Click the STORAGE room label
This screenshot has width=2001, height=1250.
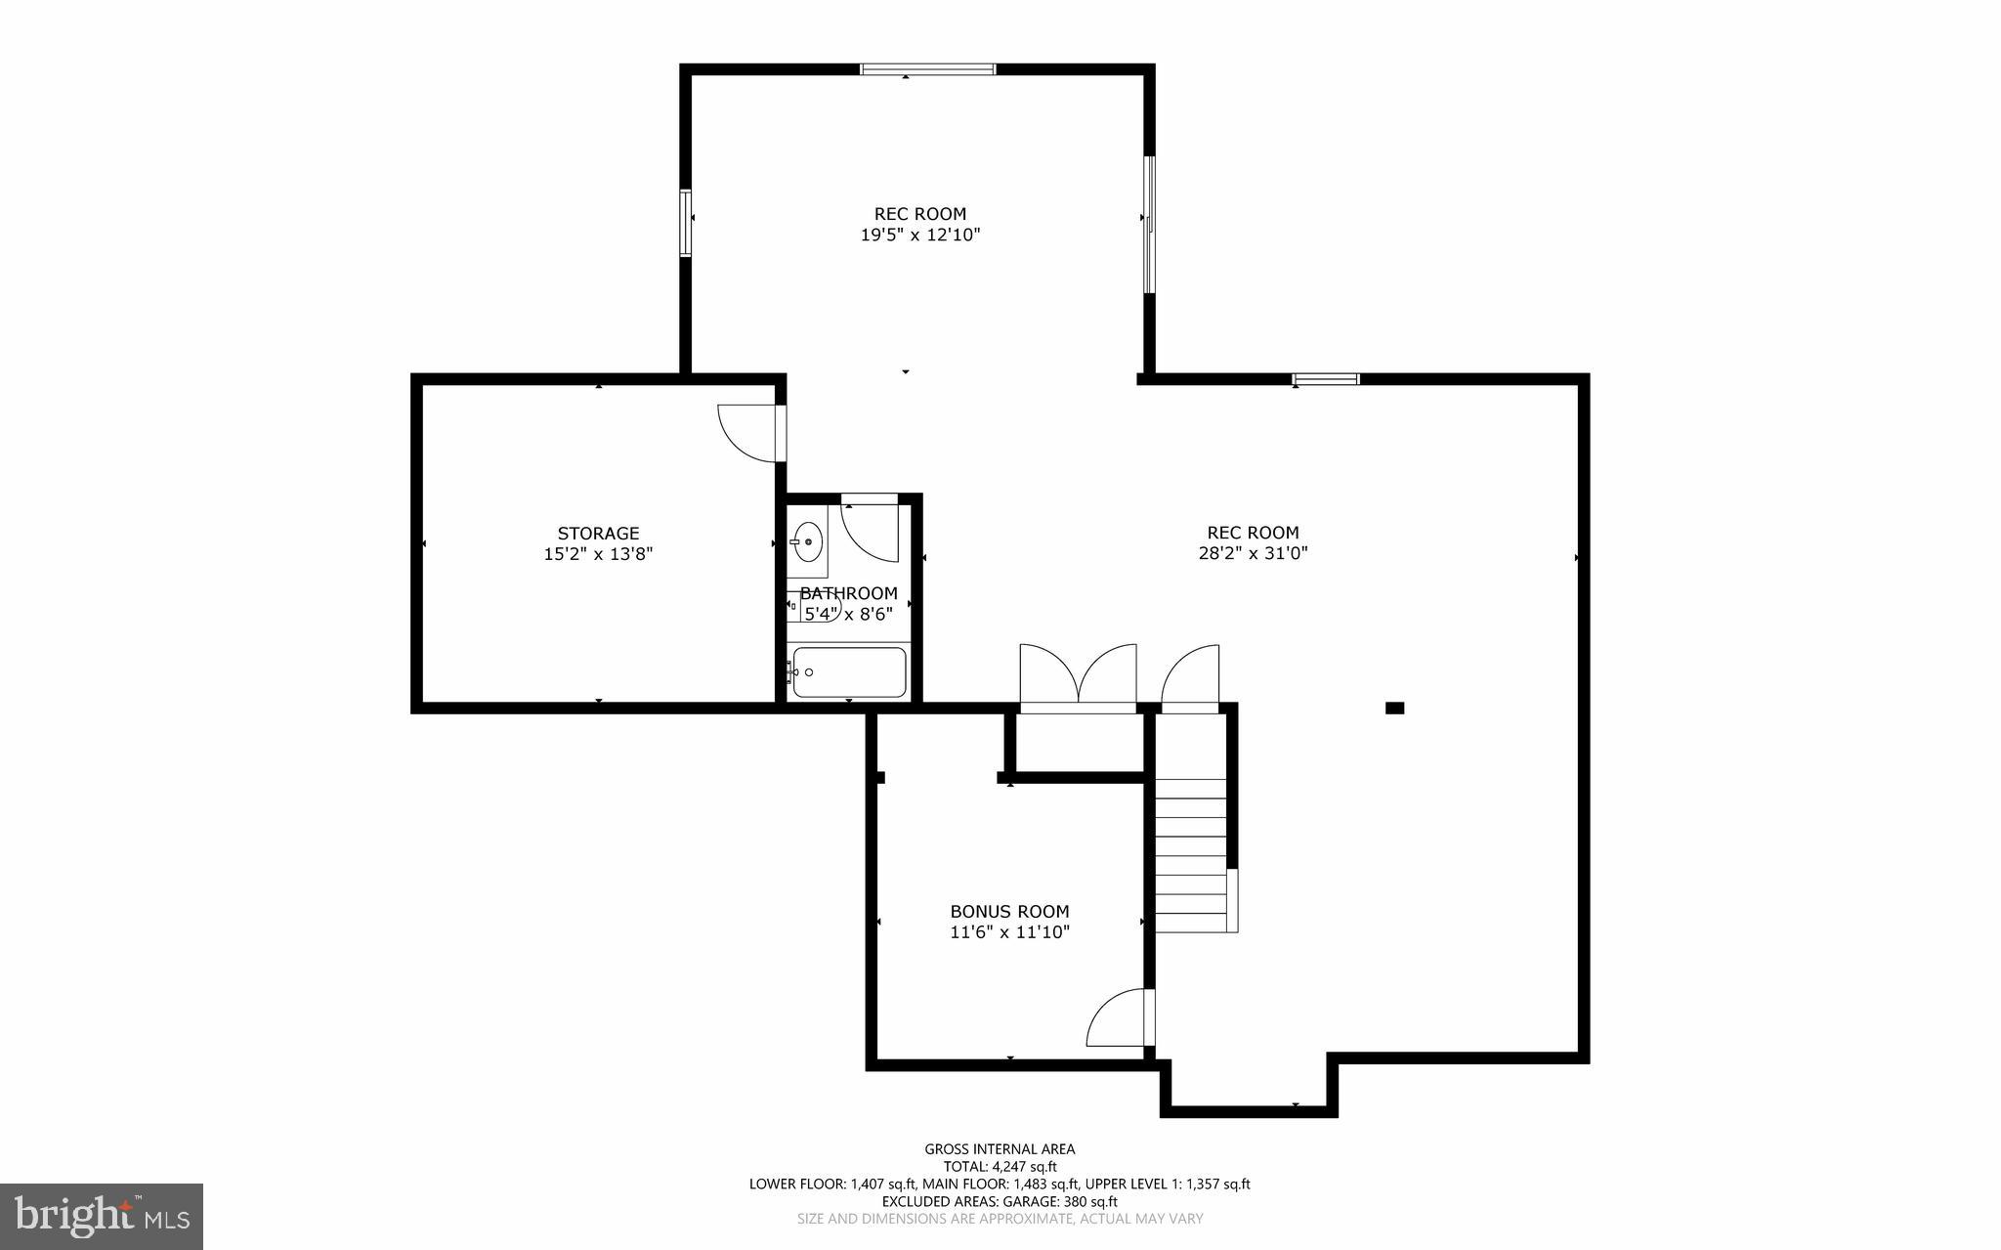click(x=598, y=534)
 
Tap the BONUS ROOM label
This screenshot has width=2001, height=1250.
click(x=1009, y=911)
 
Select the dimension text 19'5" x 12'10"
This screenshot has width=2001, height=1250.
click(x=919, y=235)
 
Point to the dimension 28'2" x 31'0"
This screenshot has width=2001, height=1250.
click(x=1253, y=553)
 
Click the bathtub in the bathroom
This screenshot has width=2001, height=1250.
click(x=848, y=672)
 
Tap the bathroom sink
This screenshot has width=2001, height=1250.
click(x=807, y=541)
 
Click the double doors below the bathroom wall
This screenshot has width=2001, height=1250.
click(x=1078, y=674)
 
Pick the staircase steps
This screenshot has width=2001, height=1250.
click(x=1190, y=855)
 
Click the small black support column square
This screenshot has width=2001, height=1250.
click(x=1394, y=708)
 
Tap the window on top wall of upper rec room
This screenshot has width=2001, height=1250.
click(x=927, y=69)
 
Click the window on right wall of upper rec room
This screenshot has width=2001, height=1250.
click(x=1149, y=224)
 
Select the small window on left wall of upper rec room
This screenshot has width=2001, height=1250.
click(x=686, y=223)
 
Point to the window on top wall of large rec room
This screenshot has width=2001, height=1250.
click(x=1325, y=379)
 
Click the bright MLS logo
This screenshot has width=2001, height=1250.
click(x=102, y=1216)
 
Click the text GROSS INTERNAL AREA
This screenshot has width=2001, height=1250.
click(x=1000, y=1149)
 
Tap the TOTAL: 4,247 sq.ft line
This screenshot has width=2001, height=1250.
click(x=1000, y=1167)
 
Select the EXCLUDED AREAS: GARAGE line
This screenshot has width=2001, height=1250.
click(x=1000, y=1202)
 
